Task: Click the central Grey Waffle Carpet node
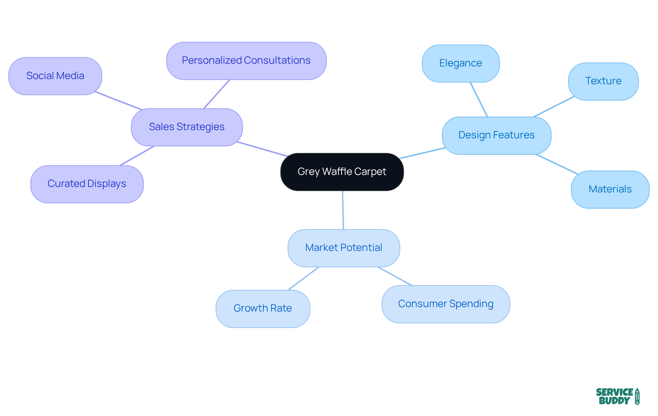click(x=342, y=172)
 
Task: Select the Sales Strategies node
click(x=187, y=127)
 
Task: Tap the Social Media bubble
click(x=55, y=76)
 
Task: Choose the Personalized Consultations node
click(x=246, y=61)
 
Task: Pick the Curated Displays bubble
click(x=87, y=184)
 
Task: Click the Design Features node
click(x=496, y=135)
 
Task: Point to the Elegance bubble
click(x=461, y=63)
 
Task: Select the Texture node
click(x=603, y=81)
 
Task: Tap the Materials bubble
click(x=610, y=189)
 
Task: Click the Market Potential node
click(x=343, y=248)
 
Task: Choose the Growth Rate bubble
click(x=263, y=308)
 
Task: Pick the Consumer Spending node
click(x=446, y=304)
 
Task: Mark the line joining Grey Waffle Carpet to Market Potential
click(x=343, y=210)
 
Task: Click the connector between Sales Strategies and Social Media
click(x=118, y=101)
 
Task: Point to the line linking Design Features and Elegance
click(x=479, y=100)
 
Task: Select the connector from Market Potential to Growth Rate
click(x=303, y=279)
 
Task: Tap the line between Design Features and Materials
click(x=557, y=164)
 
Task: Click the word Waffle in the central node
click(x=337, y=172)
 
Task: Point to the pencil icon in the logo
click(x=637, y=396)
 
